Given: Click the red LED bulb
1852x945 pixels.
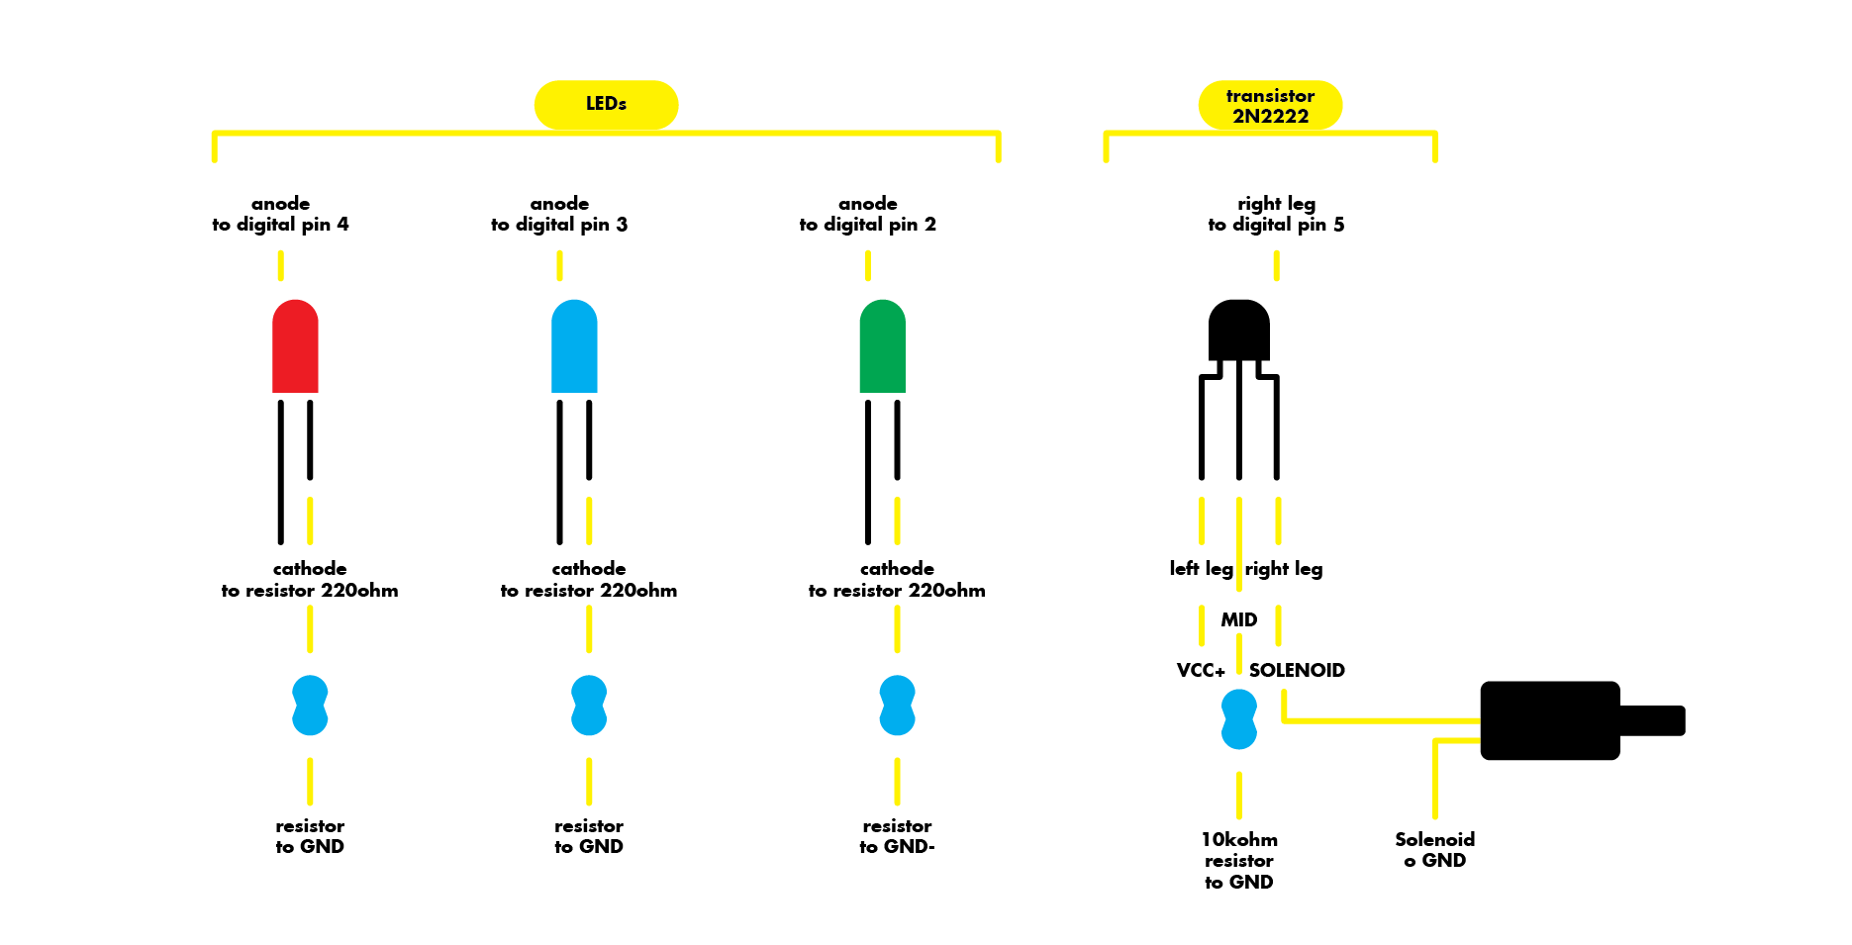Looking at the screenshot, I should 295,346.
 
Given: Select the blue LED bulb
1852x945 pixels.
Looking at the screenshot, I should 574,346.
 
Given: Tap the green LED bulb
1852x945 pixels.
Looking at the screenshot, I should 882,346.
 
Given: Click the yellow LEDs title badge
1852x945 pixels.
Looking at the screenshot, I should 606,104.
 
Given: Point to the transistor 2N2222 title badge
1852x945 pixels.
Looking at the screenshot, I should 1270,105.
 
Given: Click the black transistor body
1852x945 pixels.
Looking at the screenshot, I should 1238,331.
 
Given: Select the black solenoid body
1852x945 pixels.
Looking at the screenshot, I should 1550,720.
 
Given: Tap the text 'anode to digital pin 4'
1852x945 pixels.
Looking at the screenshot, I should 280,214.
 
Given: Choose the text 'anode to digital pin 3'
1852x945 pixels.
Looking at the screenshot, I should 559,214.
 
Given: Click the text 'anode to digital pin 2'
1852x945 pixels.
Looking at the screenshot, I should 868,214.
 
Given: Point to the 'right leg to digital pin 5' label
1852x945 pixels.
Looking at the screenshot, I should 1276,214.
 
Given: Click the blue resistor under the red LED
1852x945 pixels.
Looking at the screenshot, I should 310,706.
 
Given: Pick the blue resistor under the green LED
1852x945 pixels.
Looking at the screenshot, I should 897,706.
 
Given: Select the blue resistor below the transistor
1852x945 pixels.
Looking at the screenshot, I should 1238,719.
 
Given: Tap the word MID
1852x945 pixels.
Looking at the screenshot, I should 1238,619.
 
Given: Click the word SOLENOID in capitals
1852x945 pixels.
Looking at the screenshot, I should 1297,670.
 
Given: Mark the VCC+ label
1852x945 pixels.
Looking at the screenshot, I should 1201,670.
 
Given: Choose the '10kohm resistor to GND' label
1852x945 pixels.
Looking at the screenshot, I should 1238,860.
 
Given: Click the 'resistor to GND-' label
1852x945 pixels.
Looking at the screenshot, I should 897,836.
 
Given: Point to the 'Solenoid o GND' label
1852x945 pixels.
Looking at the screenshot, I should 1434,849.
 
